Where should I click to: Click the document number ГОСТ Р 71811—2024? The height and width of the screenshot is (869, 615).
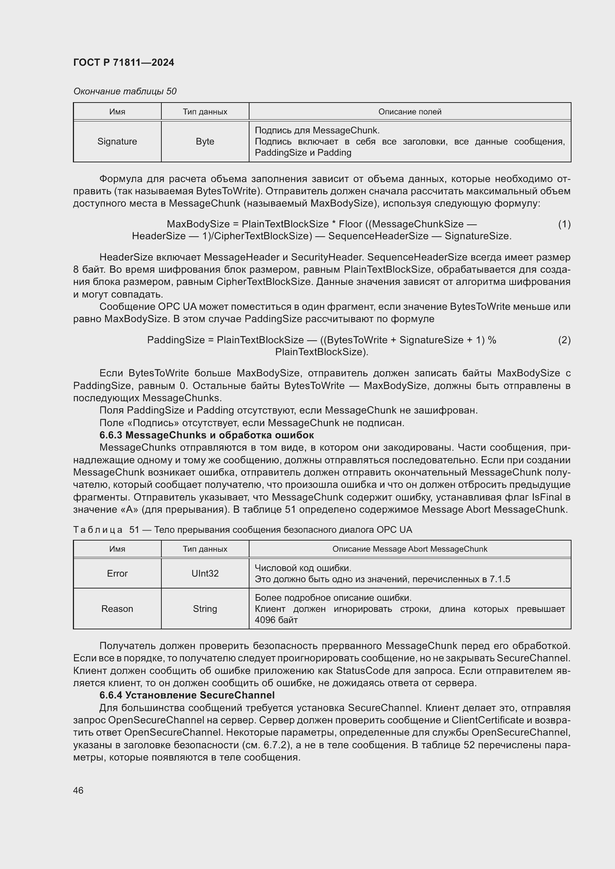tap(123, 62)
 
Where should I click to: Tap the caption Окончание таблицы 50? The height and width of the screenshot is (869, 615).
tap(125, 91)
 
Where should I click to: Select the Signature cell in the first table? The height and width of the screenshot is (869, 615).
tap(117, 141)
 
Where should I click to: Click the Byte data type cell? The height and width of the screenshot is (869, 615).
tap(205, 141)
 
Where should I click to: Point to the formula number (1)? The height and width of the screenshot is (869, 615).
tap(564, 224)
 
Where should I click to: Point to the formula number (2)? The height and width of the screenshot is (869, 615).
tap(564, 340)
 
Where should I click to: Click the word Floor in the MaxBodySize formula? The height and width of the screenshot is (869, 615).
tap(350, 224)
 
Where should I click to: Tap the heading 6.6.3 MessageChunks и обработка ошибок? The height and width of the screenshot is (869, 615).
tap(206, 435)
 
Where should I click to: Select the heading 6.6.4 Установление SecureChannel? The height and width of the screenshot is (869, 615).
tap(187, 695)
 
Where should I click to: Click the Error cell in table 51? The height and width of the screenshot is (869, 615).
tap(117, 573)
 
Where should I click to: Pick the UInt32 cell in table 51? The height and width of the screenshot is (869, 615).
tap(205, 573)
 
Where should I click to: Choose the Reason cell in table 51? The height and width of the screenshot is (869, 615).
tap(117, 609)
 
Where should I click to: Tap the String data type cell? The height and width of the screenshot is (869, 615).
tap(205, 609)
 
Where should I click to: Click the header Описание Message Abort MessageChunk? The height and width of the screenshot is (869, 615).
tap(410, 549)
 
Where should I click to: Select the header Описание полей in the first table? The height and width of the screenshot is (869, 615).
tap(410, 112)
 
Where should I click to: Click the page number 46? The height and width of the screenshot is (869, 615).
tap(78, 790)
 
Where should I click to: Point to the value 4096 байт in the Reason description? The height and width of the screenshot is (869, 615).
tap(276, 620)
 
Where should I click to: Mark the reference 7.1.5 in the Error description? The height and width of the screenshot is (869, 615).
tap(499, 579)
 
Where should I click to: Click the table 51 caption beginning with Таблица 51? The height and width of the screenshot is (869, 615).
tap(242, 529)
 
